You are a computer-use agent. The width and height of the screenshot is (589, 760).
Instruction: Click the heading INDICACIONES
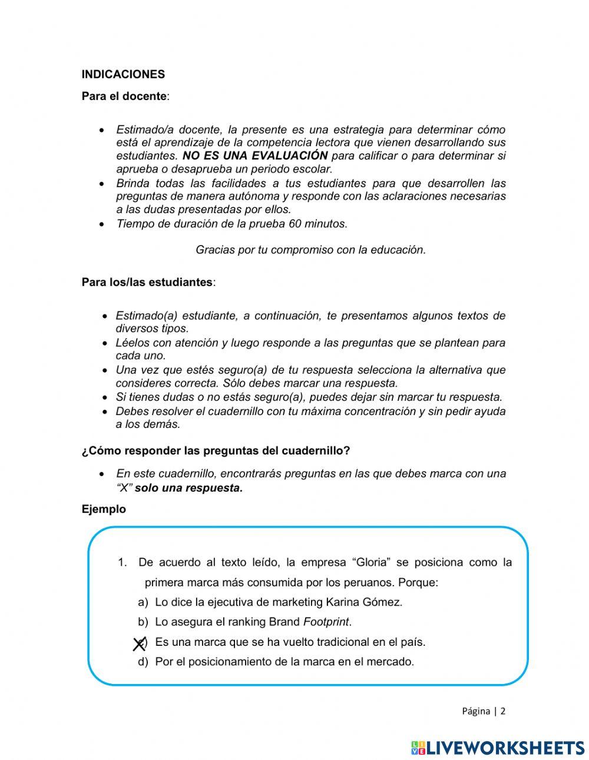(x=123, y=75)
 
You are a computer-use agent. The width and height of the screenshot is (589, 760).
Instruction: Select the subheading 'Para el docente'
(x=124, y=97)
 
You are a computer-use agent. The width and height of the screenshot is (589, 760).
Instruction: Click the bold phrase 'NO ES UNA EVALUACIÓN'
(x=255, y=156)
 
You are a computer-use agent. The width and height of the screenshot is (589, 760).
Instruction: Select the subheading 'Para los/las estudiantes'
(x=147, y=283)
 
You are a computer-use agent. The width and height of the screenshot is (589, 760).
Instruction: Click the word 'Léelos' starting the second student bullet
(x=133, y=343)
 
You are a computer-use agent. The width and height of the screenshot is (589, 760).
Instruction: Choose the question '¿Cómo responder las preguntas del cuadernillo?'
(x=216, y=451)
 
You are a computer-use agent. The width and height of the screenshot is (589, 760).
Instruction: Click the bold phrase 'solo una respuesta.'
(x=188, y=488)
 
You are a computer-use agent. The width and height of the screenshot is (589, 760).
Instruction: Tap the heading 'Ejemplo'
(x=104, y=510)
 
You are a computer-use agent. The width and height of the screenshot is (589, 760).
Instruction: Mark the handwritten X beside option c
(x=139, y=644)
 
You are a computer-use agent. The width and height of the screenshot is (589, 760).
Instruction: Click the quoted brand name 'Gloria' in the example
(x=372, y=562)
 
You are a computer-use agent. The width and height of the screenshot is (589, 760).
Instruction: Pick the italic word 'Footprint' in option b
(x=326, y=622)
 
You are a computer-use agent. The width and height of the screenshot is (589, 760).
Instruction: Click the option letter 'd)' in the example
(x=143, y=662)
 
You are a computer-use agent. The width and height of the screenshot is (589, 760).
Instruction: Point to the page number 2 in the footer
(x=503, y=711)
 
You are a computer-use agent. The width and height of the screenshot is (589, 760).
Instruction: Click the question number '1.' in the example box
(x=123, y=562)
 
